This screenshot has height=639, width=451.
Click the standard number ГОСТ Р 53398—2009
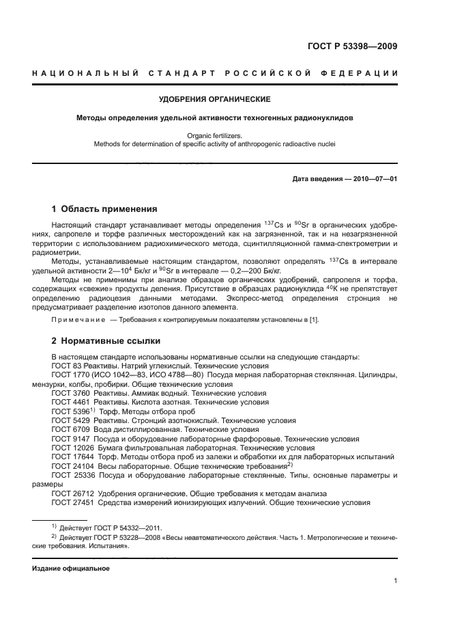pos(353,46)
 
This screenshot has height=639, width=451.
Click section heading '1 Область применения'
pos(104,209)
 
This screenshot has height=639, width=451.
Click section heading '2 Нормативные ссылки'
pos(106,340)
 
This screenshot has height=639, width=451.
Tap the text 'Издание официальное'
pos(71,568)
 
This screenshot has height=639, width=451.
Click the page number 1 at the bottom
pos(396,581)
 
